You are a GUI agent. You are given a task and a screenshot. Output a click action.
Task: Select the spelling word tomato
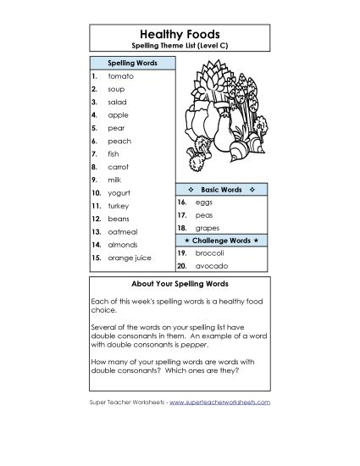coord(120,75)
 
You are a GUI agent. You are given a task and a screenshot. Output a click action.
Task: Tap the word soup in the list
coord(116,88)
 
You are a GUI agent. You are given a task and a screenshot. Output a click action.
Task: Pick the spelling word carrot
coord(119,167)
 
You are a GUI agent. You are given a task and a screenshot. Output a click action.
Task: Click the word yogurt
coord(119,193)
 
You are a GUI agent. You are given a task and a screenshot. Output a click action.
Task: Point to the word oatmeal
coord(124,231)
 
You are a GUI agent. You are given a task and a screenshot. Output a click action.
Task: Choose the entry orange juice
coord(131,258)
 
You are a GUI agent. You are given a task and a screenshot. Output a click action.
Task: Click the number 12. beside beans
coord(96,219)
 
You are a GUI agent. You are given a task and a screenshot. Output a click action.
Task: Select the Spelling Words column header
coord(131,63)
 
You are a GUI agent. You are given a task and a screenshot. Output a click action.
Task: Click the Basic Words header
coord(222,189)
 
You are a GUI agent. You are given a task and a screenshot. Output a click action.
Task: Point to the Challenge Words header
coord(222,241)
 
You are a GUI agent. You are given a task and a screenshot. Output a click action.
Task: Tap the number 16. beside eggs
coord(182,202)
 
